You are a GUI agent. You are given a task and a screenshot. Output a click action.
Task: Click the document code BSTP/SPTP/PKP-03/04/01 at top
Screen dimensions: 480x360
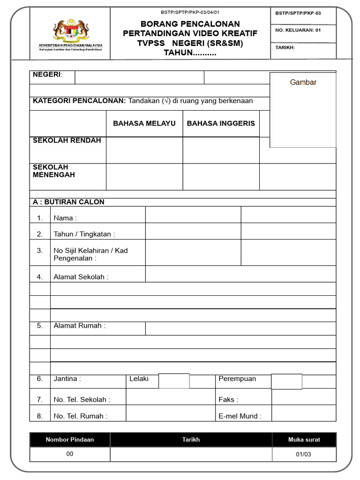coord(190,12)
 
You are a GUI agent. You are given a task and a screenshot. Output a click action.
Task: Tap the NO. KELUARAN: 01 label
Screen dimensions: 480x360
coord(298,30)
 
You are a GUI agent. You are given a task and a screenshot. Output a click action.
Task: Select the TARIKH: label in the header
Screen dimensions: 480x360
coord(285,47)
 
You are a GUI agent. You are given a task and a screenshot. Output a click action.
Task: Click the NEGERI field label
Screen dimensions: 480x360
coord(47,75)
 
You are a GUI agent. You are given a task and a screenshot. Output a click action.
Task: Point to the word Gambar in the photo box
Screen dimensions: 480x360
coord(303,82)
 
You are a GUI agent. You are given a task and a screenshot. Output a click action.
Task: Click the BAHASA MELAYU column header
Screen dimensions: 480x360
coord(144,123)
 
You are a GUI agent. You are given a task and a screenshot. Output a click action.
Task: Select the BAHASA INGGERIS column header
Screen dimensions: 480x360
coord(221,123)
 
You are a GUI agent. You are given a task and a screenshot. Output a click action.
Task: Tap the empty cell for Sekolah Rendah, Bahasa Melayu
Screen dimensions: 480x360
coord(144,150)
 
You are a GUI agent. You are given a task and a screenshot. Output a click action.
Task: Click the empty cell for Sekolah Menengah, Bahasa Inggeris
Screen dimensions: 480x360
coord(221,177)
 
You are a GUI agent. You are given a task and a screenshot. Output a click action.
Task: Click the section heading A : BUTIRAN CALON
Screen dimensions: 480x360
coord(68,202)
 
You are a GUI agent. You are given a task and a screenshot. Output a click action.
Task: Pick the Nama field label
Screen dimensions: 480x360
coord(65,218)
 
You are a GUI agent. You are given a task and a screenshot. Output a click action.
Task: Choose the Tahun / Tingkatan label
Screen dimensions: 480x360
coord(84,234)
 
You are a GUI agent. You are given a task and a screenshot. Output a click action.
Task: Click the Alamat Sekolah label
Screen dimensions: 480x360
coord(81,277)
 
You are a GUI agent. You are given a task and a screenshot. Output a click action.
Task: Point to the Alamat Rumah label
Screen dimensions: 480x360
coord(79,326)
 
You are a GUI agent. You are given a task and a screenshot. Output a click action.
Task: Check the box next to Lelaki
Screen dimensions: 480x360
coord(174,381)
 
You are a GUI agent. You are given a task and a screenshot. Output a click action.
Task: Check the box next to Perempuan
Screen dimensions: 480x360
coord(286,382)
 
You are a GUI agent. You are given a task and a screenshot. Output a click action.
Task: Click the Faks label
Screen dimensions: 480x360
coord(228,400)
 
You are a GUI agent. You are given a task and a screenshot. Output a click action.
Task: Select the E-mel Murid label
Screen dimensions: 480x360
coord(240,416)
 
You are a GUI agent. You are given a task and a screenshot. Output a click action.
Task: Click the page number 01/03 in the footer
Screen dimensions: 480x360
coord(304,454)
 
